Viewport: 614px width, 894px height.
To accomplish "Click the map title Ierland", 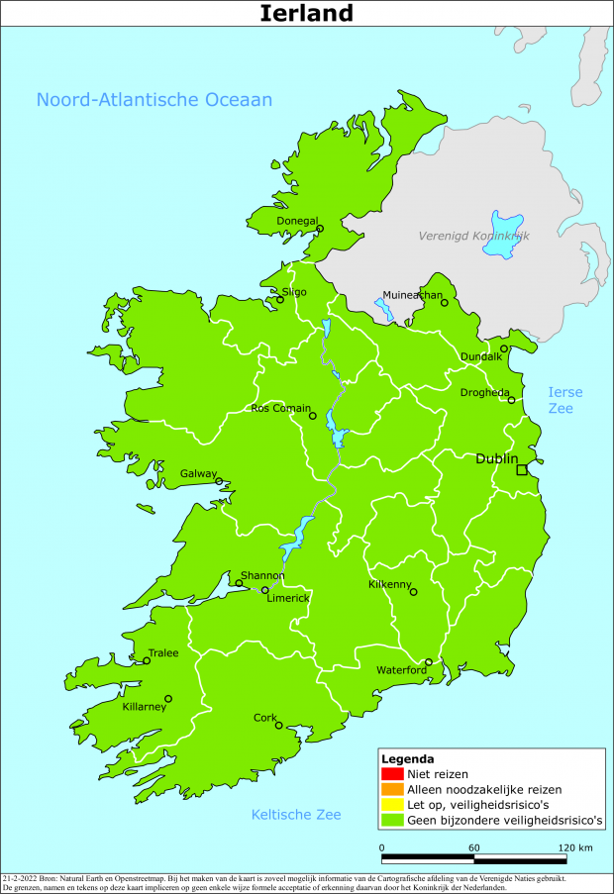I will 306,13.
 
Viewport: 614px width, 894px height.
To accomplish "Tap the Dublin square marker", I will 522,469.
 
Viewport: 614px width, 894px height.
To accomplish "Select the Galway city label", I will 198,474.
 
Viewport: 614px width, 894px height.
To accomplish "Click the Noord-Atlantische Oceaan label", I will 153,100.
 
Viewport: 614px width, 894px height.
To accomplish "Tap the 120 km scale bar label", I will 574,848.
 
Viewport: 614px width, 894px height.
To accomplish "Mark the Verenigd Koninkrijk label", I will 474,237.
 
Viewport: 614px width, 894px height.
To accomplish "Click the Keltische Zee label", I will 296,815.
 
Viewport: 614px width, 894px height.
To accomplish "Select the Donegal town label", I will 297,221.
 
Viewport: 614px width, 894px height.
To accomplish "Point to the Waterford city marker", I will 428,662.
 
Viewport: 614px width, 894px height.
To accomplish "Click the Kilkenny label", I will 389,585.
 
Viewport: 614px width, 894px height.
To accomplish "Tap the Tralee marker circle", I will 147,661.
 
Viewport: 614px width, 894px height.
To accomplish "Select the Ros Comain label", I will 281,408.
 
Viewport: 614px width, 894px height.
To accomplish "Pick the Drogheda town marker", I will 511,400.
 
